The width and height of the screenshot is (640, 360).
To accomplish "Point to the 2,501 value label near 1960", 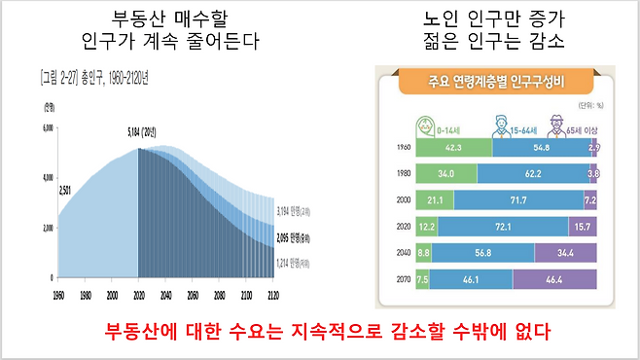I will pos(71,190).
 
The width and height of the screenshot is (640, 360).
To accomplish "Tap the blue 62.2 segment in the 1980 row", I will pos(533,174).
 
